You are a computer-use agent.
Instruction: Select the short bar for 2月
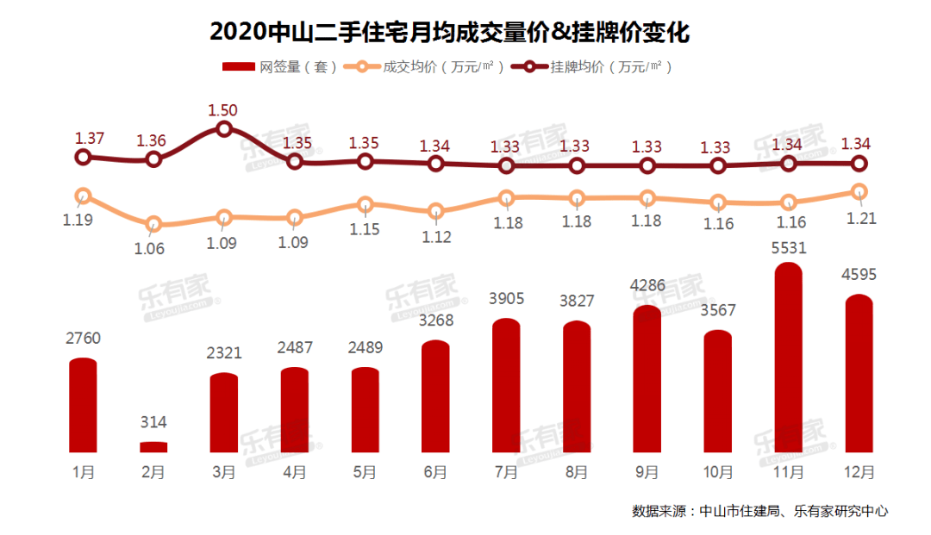[153, 447]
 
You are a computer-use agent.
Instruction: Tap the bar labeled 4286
[647, 379]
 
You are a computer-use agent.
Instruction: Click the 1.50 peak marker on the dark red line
[224, 129]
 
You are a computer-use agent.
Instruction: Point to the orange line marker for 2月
[153, 225]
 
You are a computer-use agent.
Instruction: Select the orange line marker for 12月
[859, 191]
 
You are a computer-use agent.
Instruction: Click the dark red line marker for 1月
[83, 157]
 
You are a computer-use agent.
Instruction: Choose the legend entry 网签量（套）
[280, 67]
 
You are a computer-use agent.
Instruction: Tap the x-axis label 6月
[435, 473]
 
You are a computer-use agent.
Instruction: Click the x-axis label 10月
[718, 473]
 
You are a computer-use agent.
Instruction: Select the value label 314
[153, 422]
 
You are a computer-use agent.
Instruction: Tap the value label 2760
[83, 339]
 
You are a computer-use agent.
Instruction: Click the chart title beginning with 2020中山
[450, 33]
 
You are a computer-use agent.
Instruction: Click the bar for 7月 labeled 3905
[506, 386]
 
